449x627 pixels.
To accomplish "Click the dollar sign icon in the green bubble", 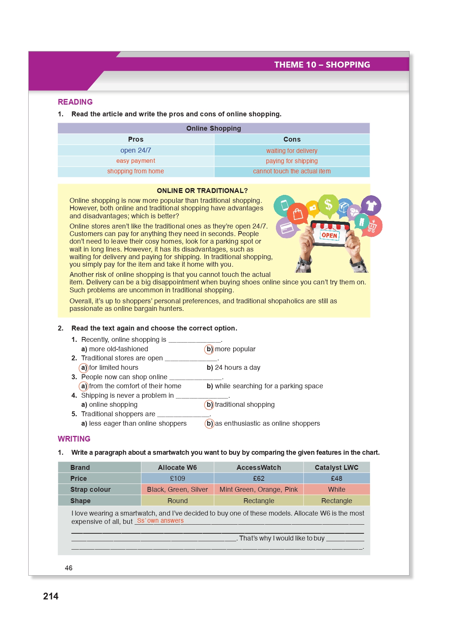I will point(328,204).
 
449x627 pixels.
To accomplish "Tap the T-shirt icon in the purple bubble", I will point(371,205).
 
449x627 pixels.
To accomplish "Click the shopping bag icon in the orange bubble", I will point(298,214).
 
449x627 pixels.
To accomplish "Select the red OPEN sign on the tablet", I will point(329,235).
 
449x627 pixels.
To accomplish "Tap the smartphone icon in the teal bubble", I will point(284,205).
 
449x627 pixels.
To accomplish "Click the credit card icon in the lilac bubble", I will point(286,228).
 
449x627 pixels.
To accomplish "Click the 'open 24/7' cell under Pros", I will point(136,150).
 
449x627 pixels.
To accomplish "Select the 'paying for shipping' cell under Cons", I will point(292,161).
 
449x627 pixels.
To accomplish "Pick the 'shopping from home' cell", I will point(136,171).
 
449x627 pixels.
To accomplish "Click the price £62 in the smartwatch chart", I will point(259,479).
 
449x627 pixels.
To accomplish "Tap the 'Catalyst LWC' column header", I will point(336,468).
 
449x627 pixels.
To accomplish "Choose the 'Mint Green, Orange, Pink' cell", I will point(259,490).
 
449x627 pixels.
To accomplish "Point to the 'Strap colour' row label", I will point(90,490).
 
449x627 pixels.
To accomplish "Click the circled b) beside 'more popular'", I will point(209,349).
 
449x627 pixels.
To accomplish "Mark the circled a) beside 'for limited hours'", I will point(84,368).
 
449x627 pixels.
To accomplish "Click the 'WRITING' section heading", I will point(74,439).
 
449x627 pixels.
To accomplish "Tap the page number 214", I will point(51,596).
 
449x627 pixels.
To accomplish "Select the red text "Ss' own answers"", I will point(160,520).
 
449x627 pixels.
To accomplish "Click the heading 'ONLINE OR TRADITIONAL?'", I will point(202,191).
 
